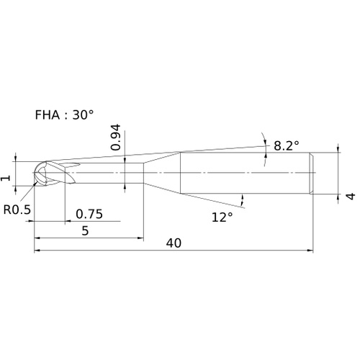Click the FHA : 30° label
[x=64, y=114]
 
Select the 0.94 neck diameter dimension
[x=116, y=138]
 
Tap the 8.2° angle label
[x=287, y=145]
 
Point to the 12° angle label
[x=222, y=217]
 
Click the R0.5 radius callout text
[x=17, y=210]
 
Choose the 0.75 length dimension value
[x=89, y=214]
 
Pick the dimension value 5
[x=85, y=230]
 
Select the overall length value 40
[x=174, y=243]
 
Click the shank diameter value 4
[x=351, y=196]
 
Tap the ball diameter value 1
[x=6, y=178]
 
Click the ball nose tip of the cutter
[x=34, y=173]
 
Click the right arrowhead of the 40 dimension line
[x=310, y=251]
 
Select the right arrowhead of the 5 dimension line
[x=140, y=238]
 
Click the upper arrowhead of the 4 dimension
[x=338, y=149]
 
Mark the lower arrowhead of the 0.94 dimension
[x=125, y=186]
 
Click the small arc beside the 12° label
[x=242, y=200]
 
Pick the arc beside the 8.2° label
[x=264, y=149]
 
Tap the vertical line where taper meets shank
[x=180, y=173]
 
